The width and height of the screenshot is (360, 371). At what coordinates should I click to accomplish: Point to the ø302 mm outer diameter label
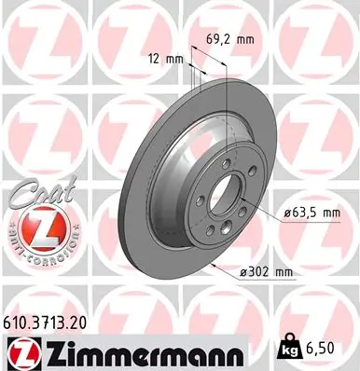[268, 271]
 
